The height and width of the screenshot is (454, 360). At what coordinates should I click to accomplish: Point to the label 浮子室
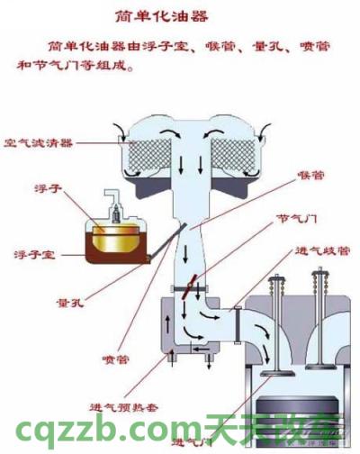point(37,255)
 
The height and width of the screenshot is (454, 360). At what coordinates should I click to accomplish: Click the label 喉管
point(310,176)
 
